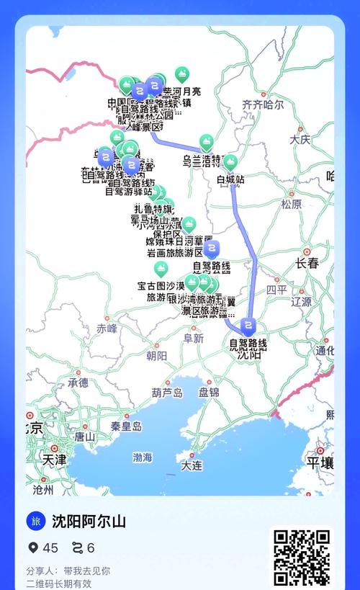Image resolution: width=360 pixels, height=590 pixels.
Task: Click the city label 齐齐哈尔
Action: tap(263, 104)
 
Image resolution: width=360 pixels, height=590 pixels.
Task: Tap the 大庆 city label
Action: tap(300, 139)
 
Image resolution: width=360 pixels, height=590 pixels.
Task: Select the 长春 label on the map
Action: tap(307, 264)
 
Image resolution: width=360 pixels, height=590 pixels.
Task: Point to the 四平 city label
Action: tap(276, 290)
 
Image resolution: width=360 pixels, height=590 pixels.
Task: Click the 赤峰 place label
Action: tap(107, 328)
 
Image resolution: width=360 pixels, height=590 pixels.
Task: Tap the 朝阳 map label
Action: tap(156, 356)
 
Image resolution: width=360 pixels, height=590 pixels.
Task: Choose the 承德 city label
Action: tap(78, 383)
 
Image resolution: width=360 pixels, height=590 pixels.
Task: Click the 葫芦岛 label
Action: tap(167, 393)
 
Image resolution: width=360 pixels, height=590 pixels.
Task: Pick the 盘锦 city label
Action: tap(209, 393)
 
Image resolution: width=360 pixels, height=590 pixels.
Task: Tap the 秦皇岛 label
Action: tap(126, 426)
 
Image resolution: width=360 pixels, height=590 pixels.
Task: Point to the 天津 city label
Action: tap(54, 459)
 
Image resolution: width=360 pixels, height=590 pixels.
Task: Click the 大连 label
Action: tap(192, 466)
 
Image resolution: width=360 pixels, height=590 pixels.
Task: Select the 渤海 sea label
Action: tap(143, 457)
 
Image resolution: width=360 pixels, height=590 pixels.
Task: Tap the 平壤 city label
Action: tap(320, 462)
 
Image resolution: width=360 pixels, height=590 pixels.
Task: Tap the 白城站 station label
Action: tap(230, 179)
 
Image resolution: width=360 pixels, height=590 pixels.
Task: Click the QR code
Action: tap(302, 558)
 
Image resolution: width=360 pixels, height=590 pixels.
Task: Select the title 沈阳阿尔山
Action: tap(89, 522)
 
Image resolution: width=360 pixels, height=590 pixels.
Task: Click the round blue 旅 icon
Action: tap(36, 521)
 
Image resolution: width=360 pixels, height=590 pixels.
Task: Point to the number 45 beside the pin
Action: tap(50, 548)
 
